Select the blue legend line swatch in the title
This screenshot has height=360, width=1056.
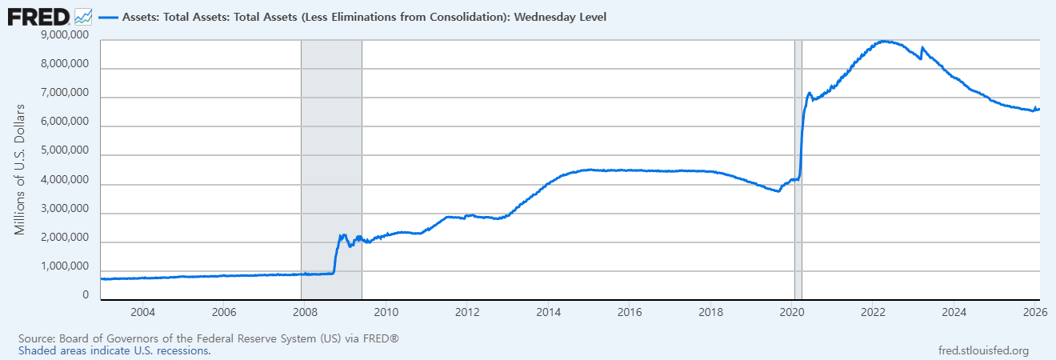pyautogui.click(x=108, y=16)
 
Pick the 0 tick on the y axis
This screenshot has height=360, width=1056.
pyautogui.click(x=85, y=295)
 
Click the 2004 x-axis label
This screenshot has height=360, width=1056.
pyautogui.click(x=142, y=311)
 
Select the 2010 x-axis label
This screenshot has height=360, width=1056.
pyautogui.click(x=386, y=311)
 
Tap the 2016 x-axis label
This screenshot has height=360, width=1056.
pyautogui.click(x=630, y=311)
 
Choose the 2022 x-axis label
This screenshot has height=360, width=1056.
pyautogui.click(x=874, y=311)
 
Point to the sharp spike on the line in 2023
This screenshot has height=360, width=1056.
pyautogui.click(x=922, y=48)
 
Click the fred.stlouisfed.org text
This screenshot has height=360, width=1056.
pyautogui.click(x=982, y=350)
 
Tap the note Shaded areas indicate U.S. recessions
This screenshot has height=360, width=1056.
pyautogui.click(x=114, y=350)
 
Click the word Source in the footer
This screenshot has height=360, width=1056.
pyautogui.click(x=35, y=339)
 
